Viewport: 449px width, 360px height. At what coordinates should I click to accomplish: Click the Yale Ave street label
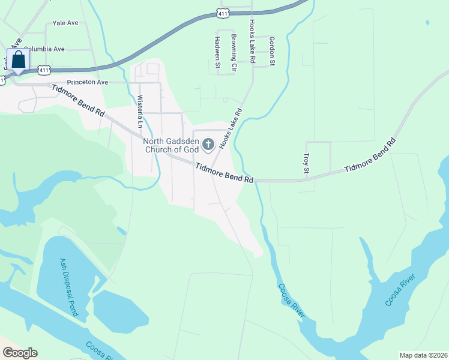(x=65, y=23)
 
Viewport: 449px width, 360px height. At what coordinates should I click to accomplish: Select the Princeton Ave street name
(x=87, y=82)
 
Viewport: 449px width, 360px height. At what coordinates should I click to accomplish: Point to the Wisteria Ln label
(x=140, y=112)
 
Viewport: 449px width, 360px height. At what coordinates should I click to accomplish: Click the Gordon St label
(x=271, y=50)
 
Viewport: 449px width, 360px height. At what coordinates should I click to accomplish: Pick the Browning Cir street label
(x=234, y=49)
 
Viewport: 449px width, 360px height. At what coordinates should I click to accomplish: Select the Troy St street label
(x=306, y=163)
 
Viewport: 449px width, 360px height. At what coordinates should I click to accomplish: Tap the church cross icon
(x=208, y=143)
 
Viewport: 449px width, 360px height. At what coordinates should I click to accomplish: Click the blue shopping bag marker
(x=19, y=61)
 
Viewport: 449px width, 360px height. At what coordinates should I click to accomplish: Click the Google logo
(x=19, y=353)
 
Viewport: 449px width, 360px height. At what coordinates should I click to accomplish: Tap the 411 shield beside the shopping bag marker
(x=43, y=70)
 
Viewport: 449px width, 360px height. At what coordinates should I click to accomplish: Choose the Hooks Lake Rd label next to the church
(x=231, y=128)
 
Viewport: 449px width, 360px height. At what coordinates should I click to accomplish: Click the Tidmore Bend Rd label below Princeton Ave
(x=78, y=100)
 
